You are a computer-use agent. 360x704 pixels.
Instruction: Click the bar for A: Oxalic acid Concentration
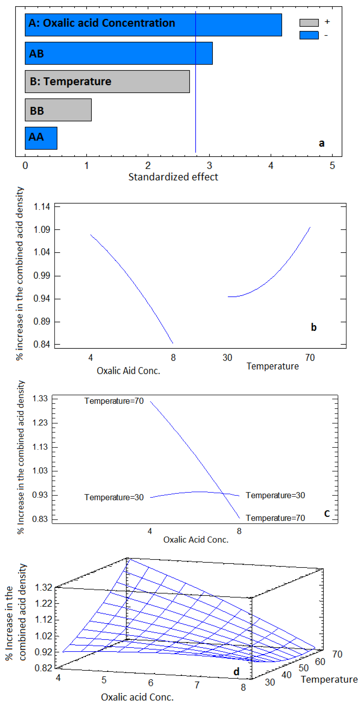[x=153, y=25]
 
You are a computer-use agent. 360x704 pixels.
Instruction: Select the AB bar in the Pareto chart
[x=119, y=53]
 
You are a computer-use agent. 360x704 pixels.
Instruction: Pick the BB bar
[x=58, y=110]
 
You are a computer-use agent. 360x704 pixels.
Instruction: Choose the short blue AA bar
[x=41, y=138]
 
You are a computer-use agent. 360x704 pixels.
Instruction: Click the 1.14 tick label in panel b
[x=41, y=207]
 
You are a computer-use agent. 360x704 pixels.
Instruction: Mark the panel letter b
[x=314, y=327]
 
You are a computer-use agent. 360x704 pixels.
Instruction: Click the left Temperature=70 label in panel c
[x=114, y=401]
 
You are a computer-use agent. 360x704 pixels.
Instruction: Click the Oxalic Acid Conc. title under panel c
[x=196, y=540]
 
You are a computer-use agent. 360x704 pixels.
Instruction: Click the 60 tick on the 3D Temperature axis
[x=320, y=662]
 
